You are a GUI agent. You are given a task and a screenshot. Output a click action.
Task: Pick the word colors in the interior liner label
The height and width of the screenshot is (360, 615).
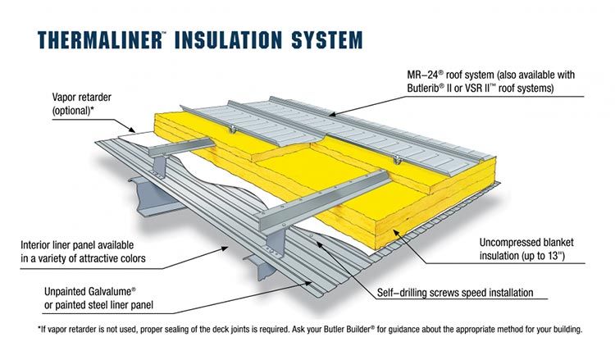pyautogui.click(x=131, y=259)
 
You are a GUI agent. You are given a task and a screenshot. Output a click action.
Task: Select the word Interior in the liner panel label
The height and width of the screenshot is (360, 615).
pyautogui.click(x=38, y=245)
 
